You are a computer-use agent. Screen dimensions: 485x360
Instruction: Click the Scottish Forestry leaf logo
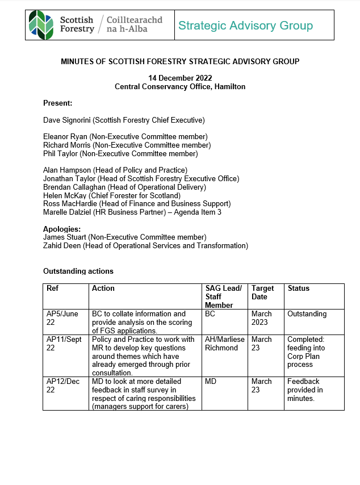coord(41,25)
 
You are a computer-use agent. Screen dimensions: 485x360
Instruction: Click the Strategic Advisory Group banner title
coord(245,25)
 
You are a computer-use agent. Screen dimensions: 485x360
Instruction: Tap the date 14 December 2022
coord(180,78)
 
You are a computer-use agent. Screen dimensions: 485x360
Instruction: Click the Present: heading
coord(57,103)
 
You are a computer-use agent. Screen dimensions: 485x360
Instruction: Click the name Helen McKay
coord(64,195)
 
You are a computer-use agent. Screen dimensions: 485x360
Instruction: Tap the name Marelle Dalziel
coord(66,212)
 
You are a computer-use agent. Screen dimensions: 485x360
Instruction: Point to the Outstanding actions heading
coord(78,271)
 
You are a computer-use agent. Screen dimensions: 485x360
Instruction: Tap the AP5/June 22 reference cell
coord(62,317)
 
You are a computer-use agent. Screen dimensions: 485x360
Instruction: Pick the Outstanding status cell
coord(307,314)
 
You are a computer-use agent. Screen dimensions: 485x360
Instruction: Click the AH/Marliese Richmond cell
coord(224,344)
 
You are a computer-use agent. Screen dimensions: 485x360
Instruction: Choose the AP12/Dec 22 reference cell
coord(62,385)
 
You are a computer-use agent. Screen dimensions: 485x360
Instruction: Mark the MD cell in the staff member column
coord(211,382)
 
